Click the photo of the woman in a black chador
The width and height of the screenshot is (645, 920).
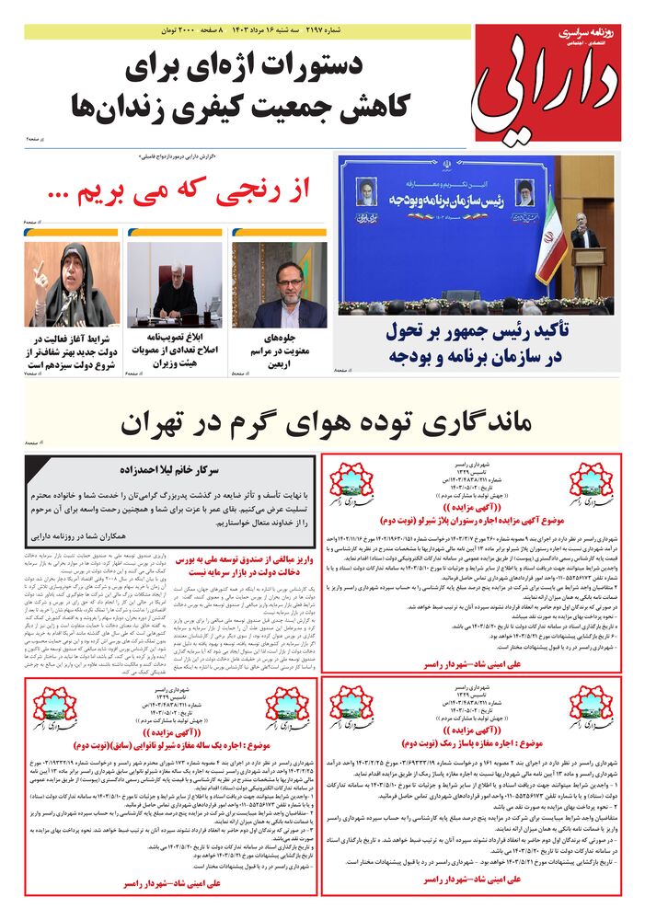pos(72,283)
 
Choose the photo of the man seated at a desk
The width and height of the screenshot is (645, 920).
pos(174,283)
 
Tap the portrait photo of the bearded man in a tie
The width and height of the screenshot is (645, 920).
pos(278,285)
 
